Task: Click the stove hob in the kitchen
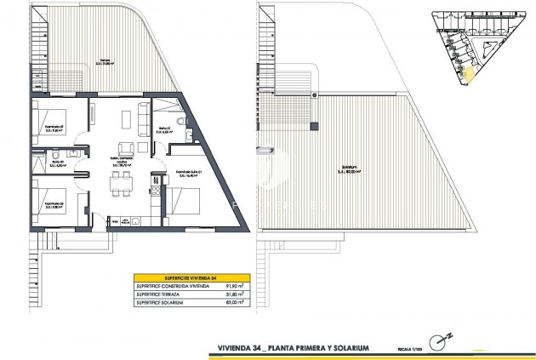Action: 156,180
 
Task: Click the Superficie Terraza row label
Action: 163,295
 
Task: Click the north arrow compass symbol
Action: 440,341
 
